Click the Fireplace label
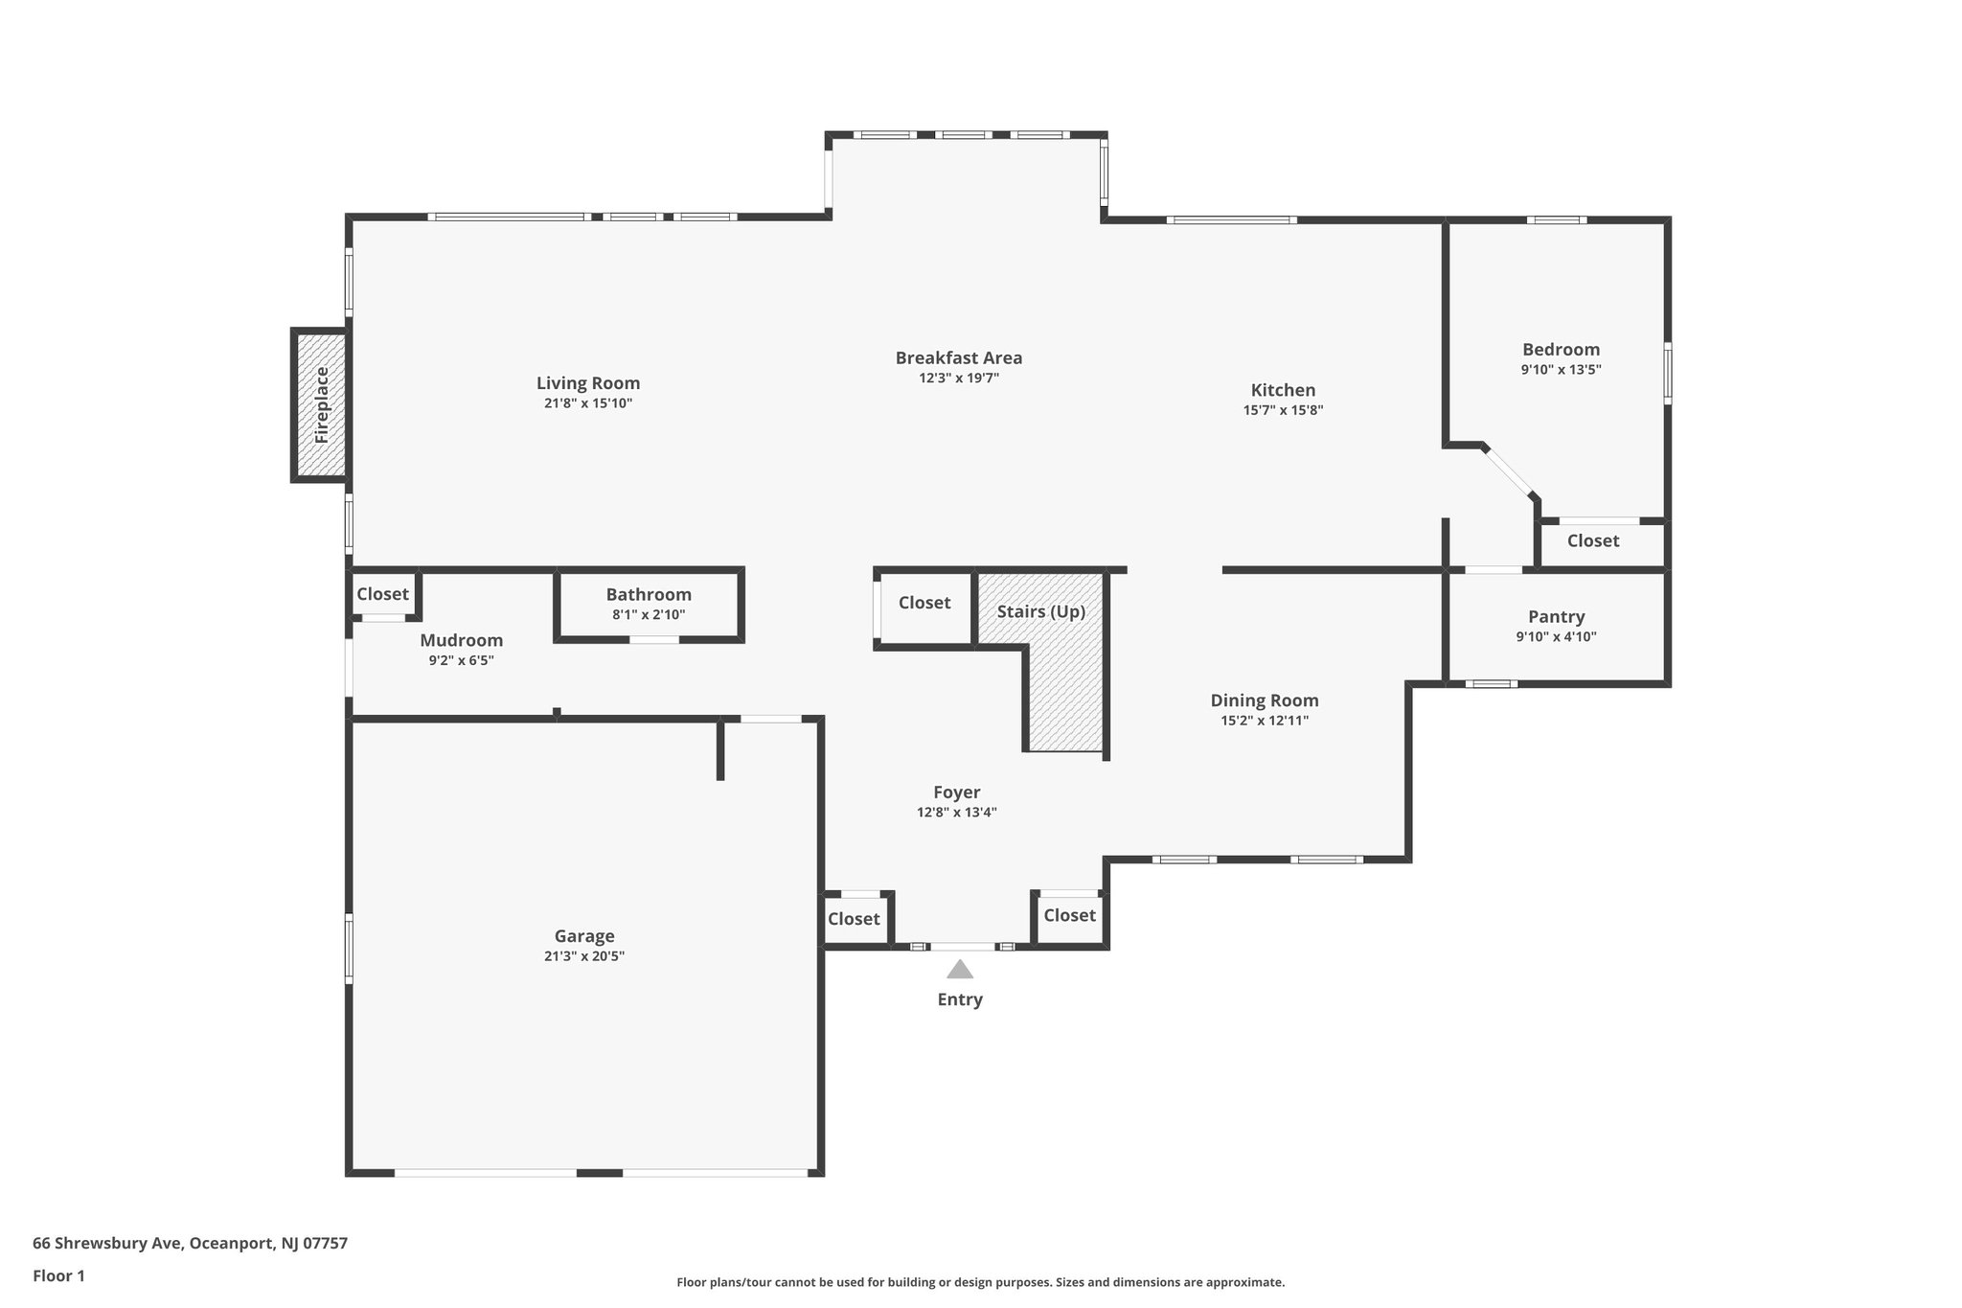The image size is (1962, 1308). click(322, 405)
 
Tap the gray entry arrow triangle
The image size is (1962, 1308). click(960, 970)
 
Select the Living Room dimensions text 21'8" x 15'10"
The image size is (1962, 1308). click(588, 403)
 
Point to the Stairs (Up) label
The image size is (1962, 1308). click(1040, 611)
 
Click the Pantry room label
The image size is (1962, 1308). click(1556, 616)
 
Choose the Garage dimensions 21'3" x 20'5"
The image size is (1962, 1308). click(584, 956)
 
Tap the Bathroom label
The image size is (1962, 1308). click(649, 594)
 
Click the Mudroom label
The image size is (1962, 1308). click(461, 640)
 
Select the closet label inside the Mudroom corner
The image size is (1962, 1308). click(382, 594)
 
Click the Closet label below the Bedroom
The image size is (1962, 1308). click(1592, 540)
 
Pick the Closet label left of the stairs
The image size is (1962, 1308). click(924, 603)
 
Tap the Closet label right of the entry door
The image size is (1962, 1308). click(1069, 915)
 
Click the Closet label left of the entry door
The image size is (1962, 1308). click(853, 919)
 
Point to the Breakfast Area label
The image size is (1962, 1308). click(958, 357)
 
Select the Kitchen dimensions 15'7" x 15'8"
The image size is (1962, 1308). click(1283, 410)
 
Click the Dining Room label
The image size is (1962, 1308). click(1264, 700)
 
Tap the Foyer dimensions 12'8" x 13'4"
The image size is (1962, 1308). click(956, 813)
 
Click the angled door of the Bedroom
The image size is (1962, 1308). click(1509, 472)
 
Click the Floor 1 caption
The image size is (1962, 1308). click(58, 1275)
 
